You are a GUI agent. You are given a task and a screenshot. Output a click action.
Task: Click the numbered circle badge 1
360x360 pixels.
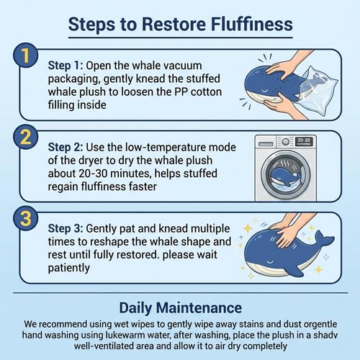26,55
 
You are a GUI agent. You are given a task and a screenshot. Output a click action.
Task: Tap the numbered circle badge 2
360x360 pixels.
26,137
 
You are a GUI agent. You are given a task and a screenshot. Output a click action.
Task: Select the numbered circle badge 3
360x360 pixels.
26,218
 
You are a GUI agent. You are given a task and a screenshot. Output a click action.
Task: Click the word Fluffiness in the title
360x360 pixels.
252,24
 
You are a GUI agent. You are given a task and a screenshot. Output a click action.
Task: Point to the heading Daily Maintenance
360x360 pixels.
181,308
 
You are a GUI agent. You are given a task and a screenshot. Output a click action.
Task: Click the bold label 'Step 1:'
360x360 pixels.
66,66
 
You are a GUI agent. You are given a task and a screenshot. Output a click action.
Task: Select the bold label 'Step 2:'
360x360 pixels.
66,147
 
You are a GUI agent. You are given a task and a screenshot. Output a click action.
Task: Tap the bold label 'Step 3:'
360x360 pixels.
66,228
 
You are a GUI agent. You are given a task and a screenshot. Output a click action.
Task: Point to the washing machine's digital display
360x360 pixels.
304,141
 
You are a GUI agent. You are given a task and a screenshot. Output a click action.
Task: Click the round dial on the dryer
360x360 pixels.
285,142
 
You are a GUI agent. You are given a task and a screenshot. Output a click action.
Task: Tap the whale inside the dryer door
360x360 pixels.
285,177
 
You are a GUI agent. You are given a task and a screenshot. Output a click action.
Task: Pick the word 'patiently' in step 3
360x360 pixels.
69,268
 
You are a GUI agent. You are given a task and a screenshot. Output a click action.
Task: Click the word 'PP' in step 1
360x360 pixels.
181,92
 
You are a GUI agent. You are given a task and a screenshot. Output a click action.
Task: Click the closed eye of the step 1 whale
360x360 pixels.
265,91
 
